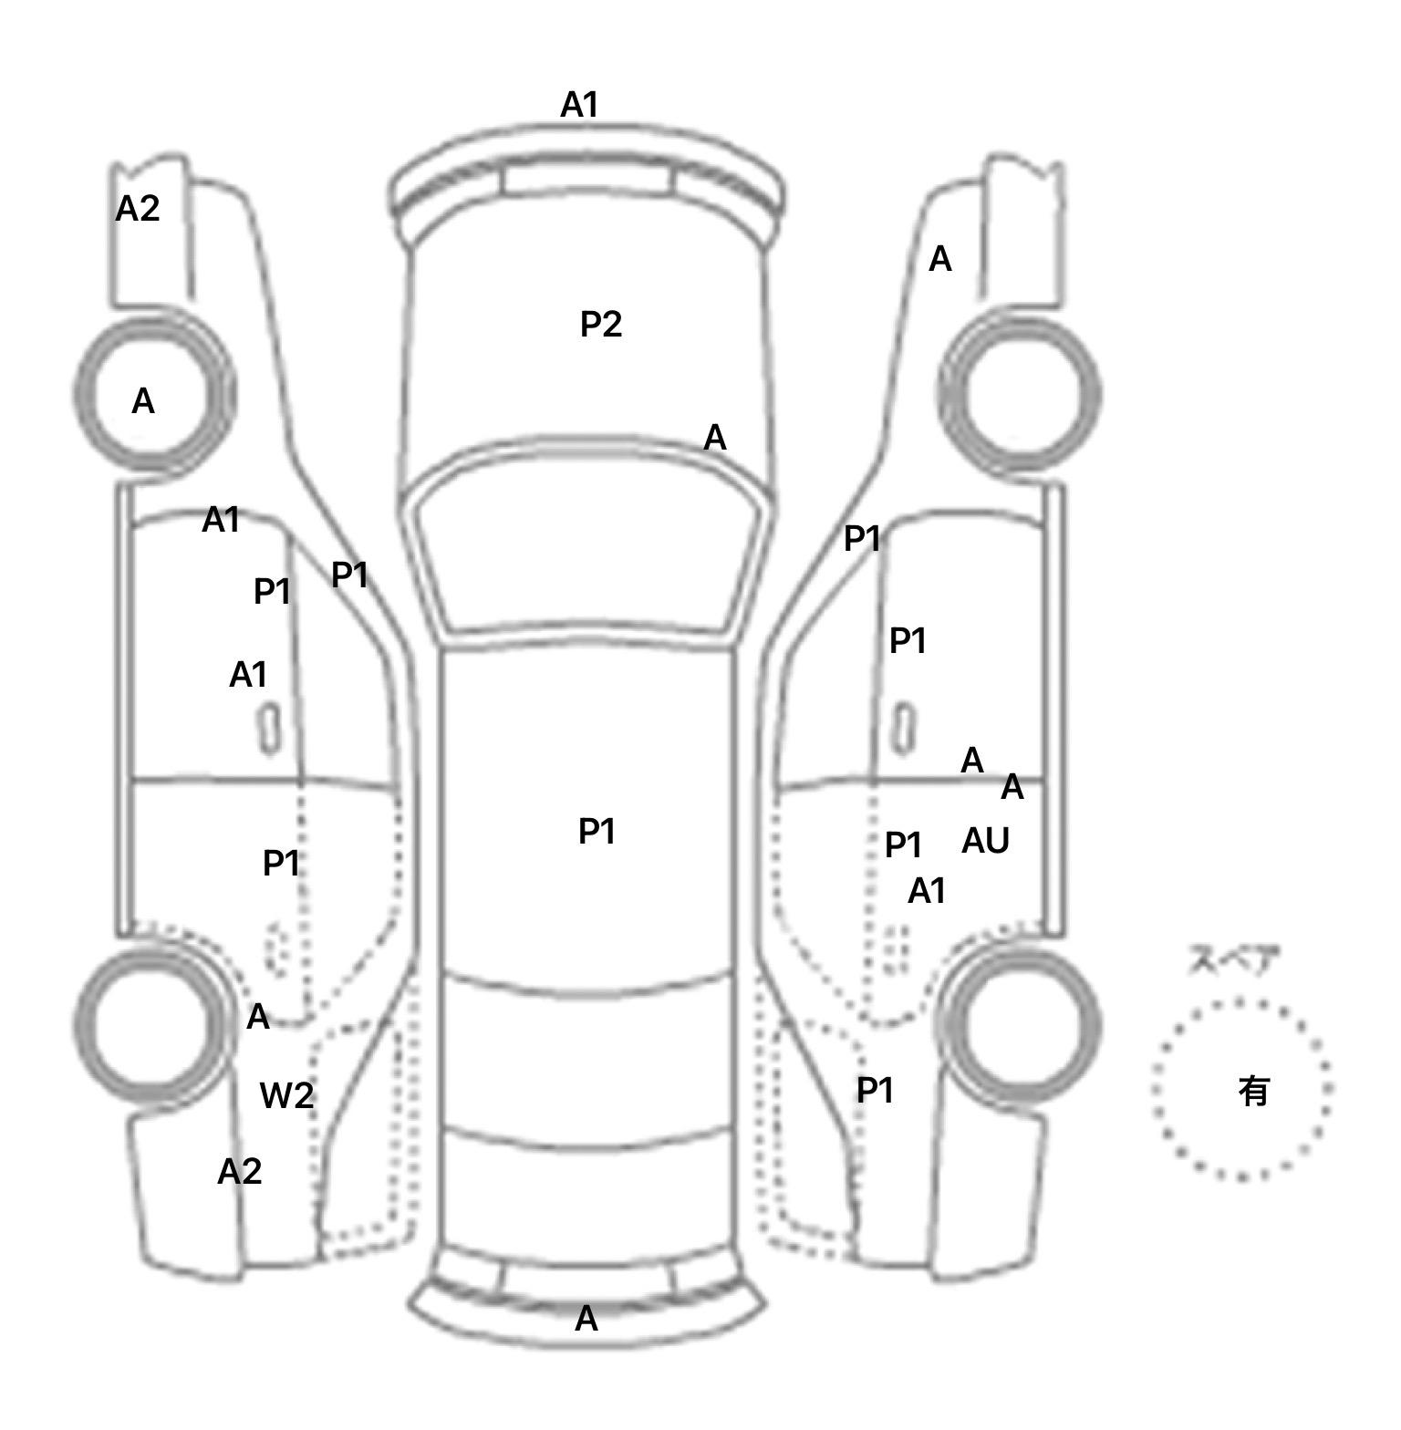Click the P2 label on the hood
[601, 325]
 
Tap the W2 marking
[286, 1095]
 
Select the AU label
[985, 841]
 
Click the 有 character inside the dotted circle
[1254, 1091]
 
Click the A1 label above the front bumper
[579, 106]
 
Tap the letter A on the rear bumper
[586, 1319]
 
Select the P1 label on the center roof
[597, 832]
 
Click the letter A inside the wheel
[143, 402]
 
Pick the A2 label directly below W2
[239, 1172]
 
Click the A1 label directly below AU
[927, 891]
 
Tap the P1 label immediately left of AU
[903, 845]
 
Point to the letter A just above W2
[258, 1017]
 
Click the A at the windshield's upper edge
[715, 439]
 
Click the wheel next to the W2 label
[150, 1026]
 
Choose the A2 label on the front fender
[137, 210]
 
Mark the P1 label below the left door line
[281, 863]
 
